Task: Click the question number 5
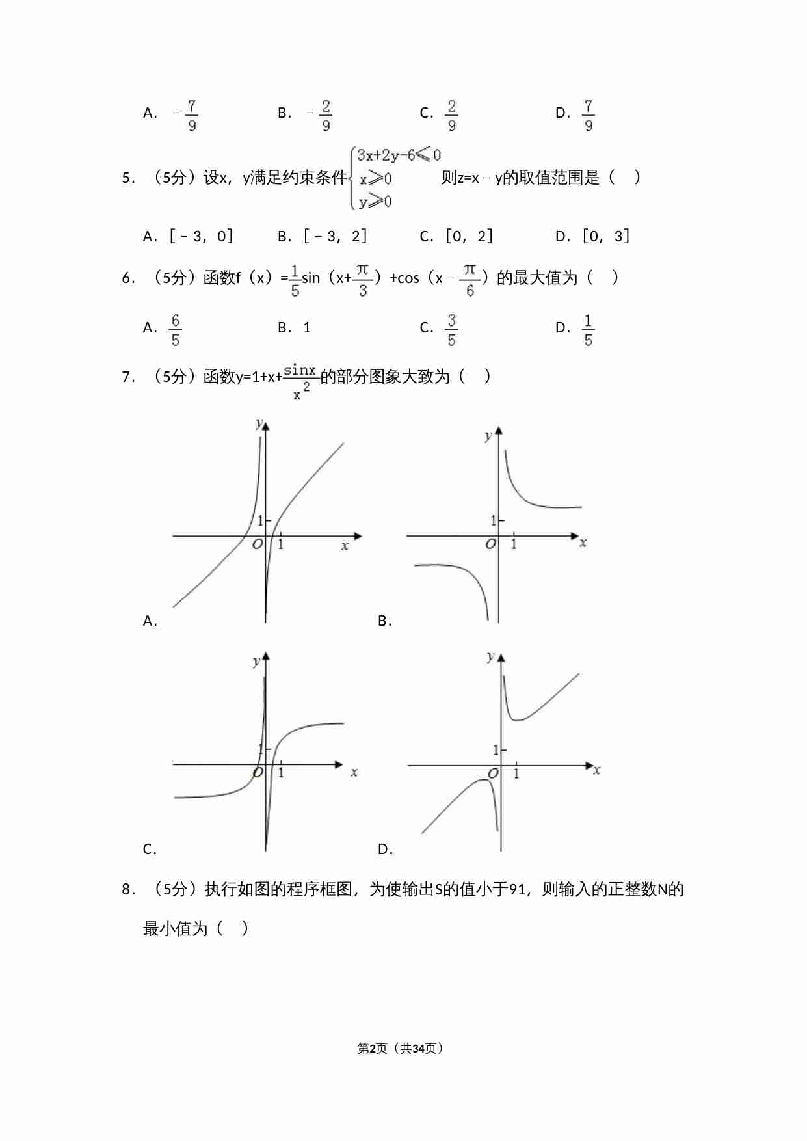pos(127,178)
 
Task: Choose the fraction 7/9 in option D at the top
pos(588,115)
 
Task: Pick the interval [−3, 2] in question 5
pos(335,236)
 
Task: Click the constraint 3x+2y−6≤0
pos(399,155)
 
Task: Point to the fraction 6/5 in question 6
pos(175,330)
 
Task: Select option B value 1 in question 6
pos(307,328)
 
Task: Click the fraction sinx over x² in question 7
pos(300,381)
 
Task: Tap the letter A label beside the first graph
pos(150,621)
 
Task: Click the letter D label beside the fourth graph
pos(384,850)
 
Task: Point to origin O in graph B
pos(491,544)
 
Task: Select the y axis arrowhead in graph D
pos(501,659)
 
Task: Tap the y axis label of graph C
pos(256,662)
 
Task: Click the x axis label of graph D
pos(596,771)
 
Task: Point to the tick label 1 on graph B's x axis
pos(514,544)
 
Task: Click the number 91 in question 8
pos(517,889)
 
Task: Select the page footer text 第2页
pos(372,1049)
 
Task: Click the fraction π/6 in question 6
pos(470,280)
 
